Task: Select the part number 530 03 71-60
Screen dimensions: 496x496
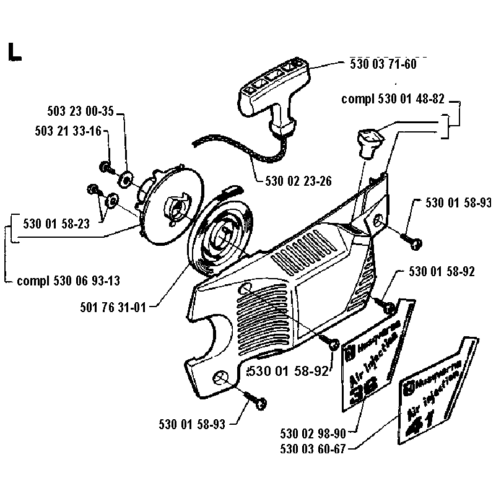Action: coord(383,64)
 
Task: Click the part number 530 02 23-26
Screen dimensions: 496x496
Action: coord(298,181)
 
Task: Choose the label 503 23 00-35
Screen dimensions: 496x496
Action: coord(81,112)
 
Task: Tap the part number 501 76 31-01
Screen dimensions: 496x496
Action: coord(116,305)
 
